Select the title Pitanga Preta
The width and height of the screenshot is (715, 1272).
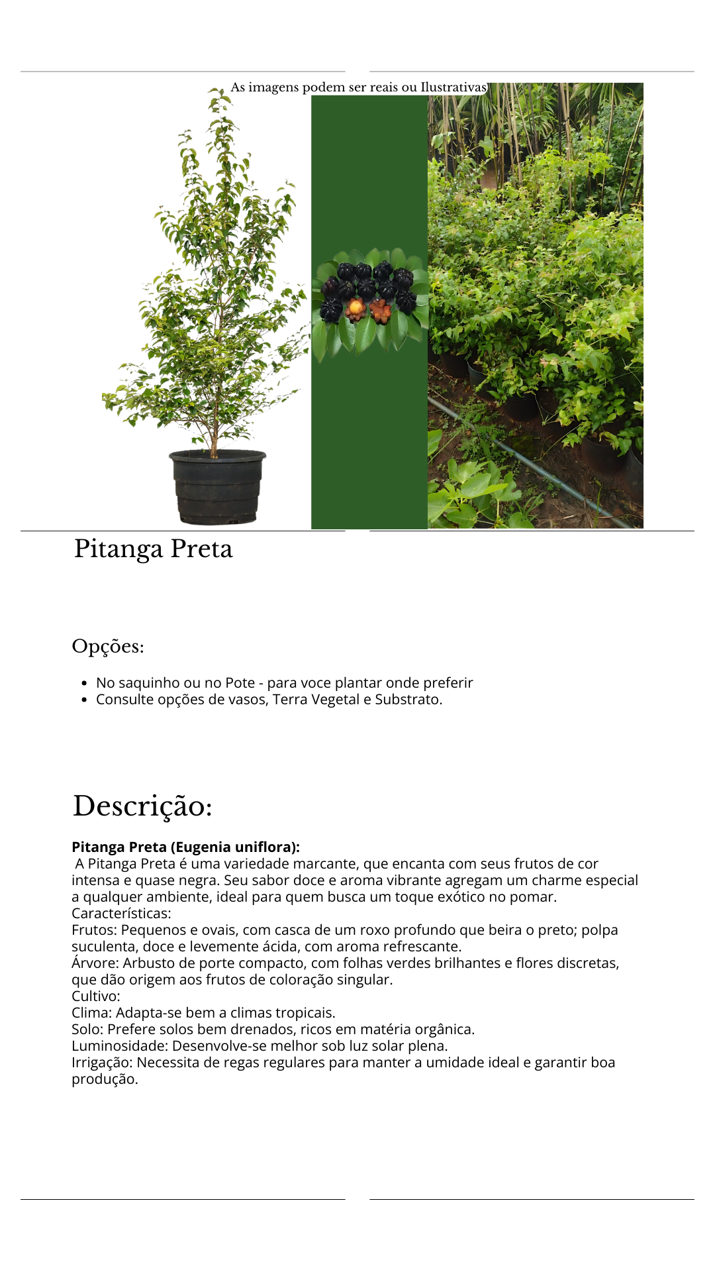153,549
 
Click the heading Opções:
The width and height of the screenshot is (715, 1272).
108,646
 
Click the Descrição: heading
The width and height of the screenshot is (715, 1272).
142,806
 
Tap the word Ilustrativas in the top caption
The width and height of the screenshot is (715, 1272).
453,87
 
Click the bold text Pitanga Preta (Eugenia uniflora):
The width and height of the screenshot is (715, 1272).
185,847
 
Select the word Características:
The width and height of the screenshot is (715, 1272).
121,913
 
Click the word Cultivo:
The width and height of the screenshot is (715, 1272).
96,996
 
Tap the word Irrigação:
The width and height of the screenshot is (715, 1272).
102,1062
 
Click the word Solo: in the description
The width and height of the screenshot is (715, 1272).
87,1029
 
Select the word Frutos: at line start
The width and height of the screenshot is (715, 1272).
94,929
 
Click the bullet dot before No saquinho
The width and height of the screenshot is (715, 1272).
84,683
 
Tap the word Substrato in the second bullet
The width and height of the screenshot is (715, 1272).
407,700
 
